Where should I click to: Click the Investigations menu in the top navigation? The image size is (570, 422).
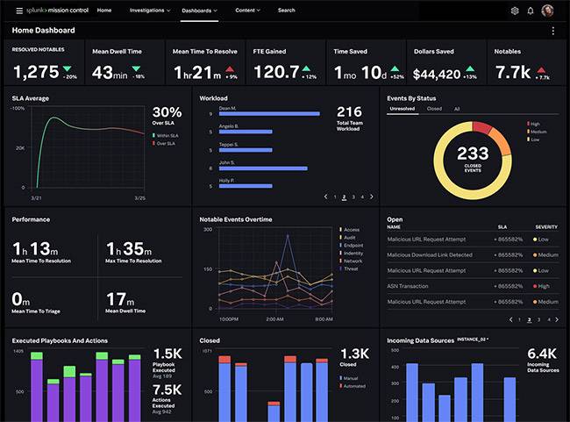(149, 11)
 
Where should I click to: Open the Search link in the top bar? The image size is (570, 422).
(286, 11)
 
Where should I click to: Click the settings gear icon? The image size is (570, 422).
(515, 11)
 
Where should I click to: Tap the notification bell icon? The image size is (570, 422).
(531, 11)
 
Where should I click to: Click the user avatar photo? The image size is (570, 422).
(548, 11)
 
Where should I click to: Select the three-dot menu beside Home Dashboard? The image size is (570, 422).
(552, 31)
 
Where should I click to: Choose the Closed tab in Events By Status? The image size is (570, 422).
(434, 109)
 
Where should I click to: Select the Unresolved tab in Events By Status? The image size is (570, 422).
(402, 109)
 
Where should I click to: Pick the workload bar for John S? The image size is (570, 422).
(263, 168)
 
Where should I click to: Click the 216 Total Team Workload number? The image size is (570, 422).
(349, 111)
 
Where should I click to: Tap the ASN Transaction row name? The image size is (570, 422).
(408, 285)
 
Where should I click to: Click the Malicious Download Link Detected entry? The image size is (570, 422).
(430, 254)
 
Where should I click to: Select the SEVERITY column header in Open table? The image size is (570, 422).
(545, 226)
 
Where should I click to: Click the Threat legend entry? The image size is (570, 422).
(352, 268)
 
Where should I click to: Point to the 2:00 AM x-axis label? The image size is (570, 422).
(274, 318)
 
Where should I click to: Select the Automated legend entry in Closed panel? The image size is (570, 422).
(354, 385)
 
